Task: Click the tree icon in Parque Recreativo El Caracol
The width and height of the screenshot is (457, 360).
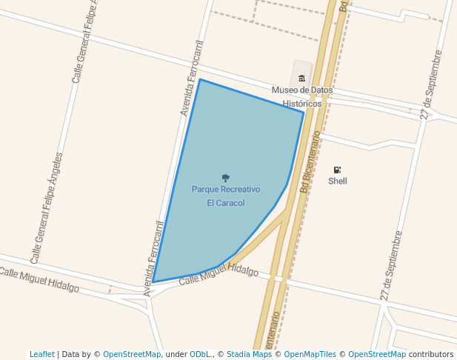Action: coord(226,178)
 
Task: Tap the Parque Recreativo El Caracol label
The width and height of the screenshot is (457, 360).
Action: coord(226,196)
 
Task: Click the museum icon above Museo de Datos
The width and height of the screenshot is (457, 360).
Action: coord(301,79)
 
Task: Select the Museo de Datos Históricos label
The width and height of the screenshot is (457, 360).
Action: coord(302,97)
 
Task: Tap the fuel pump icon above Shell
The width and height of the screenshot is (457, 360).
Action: coord(338,170)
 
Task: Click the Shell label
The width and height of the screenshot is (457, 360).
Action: coord(338,181)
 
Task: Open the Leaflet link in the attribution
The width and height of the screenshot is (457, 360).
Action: coord(41,354)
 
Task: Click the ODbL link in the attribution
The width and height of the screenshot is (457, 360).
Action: coord(199,354)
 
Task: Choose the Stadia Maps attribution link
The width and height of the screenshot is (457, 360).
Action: coord(249,354)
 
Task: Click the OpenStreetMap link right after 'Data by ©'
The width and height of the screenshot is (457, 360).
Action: coord(132,354)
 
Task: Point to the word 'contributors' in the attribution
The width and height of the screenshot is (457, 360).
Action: coord(431,354)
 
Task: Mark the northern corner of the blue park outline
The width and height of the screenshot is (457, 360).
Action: coord(200,79)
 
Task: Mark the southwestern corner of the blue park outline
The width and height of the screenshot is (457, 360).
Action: coord(153,282)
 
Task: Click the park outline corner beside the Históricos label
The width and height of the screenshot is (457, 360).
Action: coord(303,112)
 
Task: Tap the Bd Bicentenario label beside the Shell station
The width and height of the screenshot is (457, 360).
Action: coord(310,162)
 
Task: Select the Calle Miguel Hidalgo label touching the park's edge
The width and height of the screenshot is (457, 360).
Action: coord(219,273)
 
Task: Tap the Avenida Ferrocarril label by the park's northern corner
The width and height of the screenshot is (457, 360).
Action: coord(191,78)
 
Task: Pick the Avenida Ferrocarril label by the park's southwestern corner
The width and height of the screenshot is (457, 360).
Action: coord(154,258)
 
